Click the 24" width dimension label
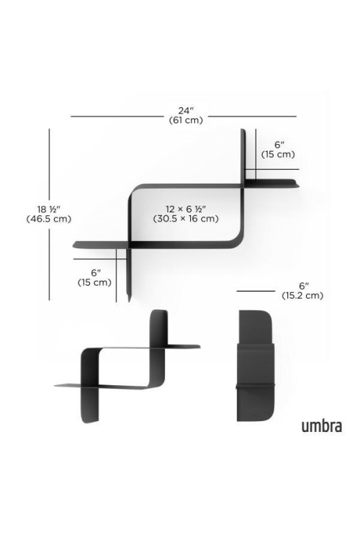click(x=186, y=111)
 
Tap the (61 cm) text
click(x=186, y=120)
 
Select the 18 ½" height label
click(x=49, y=209)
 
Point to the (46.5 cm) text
click(x=49, y=219)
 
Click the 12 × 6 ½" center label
click(x=186, y=209)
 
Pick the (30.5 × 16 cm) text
click(x=186, y=219)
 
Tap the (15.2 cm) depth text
click(x=302, y=295)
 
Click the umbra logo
click(x=322, y=426)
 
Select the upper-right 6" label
click(x=278, y=145)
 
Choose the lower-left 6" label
click(x=96, y=273)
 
